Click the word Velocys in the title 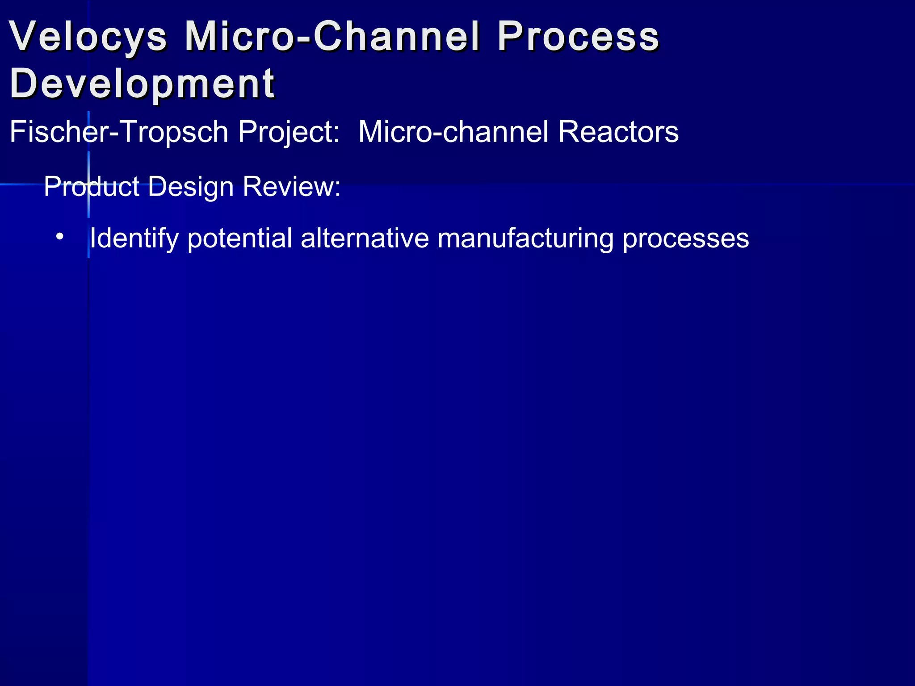[x=88, y=37]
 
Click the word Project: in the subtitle [x=289, y=132]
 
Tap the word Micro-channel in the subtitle [x=453, y=132]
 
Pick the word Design [x=191, y=186]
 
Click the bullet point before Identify [x=60, y=236]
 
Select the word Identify [x=134, y=238]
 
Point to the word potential [x=240, y=238]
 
